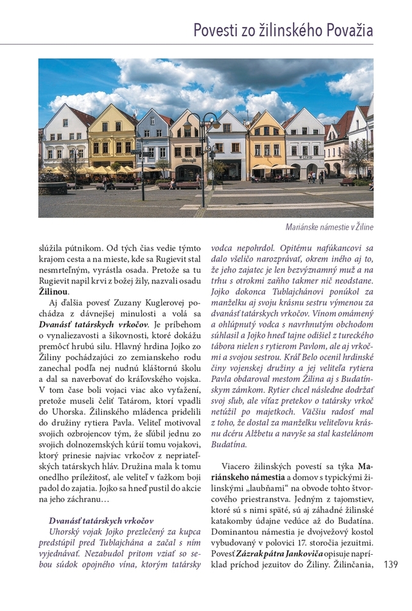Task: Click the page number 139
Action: [x=391, y=565]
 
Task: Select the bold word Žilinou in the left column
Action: [x=54, y=292]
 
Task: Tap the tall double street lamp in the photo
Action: [x=203, y=153]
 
